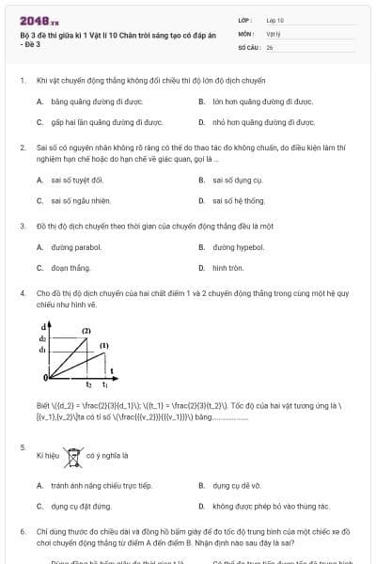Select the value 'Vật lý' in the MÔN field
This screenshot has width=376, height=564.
pos(274,33)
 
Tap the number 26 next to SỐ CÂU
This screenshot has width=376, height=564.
pos(270,46)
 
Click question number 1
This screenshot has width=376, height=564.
pos(22,81)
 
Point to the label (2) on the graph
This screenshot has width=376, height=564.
pos(86,331)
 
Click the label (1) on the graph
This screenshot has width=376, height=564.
pos(104,346)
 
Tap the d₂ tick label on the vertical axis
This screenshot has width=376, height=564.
pos(42,338)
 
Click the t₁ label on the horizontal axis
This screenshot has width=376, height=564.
pos(104,384)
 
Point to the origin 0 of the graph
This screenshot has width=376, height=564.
pos(44,377)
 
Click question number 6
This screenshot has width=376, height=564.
pos(22,531)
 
